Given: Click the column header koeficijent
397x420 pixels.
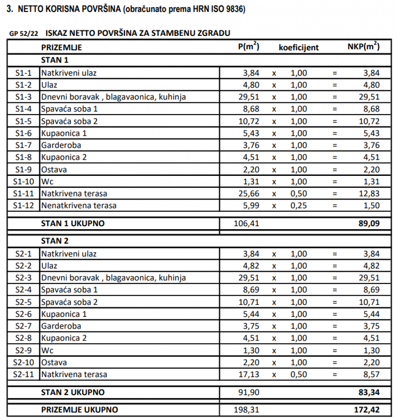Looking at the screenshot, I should coord(299,48).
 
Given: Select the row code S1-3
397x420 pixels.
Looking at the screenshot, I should coord(23,97).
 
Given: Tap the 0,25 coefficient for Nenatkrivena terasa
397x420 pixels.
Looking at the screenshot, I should coord(299,206).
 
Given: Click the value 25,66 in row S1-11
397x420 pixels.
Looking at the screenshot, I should coord(249,193).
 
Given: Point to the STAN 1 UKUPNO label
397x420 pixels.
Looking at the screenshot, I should coord(73,224).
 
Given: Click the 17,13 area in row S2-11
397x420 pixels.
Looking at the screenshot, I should coord(249,374).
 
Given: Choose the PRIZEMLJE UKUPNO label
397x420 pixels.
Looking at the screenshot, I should coord(80,410).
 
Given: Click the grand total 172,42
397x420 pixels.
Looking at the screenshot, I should coord(367,410).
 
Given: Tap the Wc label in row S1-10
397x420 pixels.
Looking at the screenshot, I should coord(48,182).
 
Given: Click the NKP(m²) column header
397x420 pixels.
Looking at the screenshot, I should coord(363,47).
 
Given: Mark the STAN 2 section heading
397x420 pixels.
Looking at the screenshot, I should coord(55,241).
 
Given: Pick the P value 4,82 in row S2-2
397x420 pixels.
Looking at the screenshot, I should coord(251,266).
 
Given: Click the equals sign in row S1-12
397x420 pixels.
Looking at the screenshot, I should coord(334,206).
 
